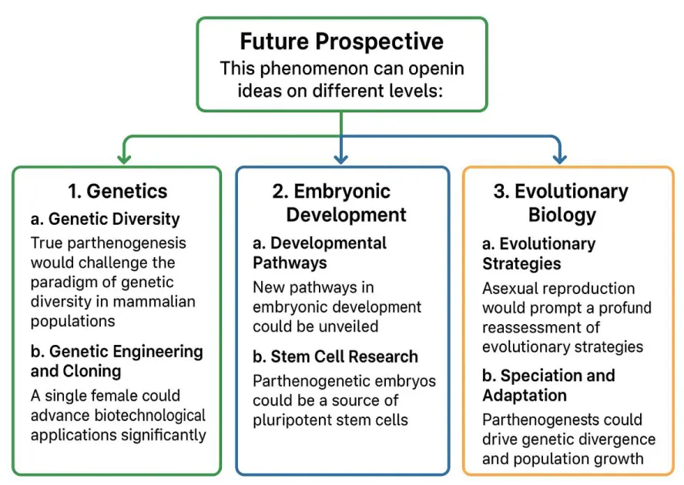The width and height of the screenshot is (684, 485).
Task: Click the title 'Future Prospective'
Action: pos(341,42)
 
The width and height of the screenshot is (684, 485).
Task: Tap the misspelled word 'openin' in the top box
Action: pos(436,69)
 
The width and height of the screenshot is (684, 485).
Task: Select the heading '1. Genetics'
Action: pos(118,191)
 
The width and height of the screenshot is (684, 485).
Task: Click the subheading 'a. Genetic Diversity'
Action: pos(105,219)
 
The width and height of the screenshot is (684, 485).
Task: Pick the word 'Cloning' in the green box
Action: pos(92,371)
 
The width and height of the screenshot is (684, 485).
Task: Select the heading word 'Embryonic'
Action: pos(342,192)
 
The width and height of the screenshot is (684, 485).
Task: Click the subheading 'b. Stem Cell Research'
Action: pos(335,356)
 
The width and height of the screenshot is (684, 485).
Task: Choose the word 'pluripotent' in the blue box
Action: pos(294,420)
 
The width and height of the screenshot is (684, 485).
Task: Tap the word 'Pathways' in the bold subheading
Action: pos(290,263)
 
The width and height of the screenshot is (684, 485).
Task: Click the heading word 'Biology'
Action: pos(562,216)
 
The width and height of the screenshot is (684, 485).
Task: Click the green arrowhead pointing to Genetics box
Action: pos(124,158)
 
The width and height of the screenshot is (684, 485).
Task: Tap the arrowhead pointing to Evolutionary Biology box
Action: pos(560,158)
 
